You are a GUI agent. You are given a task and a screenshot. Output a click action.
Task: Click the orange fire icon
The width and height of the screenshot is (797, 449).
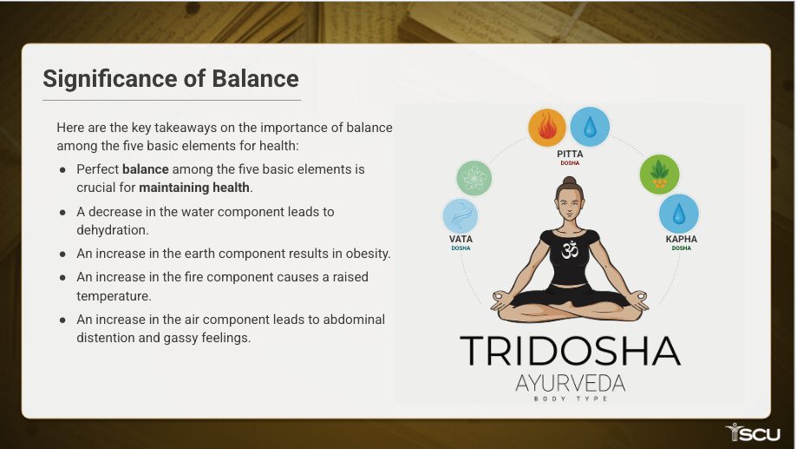[x=547, y=128]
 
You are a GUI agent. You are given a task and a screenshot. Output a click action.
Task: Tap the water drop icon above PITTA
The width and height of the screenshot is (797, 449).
[x=590, y=126]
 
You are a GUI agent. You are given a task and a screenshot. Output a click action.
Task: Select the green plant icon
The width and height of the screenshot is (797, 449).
[x=659, y=175]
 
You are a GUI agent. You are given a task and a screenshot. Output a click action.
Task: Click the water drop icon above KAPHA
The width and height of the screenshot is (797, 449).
[x=678, y=214]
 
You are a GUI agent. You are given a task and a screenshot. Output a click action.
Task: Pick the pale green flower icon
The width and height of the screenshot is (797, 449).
[x=474, y=178]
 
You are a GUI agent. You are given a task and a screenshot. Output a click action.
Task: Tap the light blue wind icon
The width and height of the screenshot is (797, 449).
[x=461, y=216]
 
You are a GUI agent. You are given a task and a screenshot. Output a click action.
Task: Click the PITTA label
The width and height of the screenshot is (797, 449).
[x=570, y=154]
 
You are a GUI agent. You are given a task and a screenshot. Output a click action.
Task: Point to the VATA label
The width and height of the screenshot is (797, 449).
[x=461, y=239]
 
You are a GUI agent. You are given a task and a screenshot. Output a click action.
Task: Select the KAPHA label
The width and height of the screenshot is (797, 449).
[x=681, y=239]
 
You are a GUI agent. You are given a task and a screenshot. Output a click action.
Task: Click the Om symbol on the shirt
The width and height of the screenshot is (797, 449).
[x=571, y=249]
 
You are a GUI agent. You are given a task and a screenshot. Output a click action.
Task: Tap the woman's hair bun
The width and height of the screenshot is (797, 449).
[x=570, y=182]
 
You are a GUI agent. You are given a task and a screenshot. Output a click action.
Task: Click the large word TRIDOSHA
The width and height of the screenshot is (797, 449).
[x=570, y=351]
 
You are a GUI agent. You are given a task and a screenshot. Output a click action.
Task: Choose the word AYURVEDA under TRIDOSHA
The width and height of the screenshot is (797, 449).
[x=570, y=383]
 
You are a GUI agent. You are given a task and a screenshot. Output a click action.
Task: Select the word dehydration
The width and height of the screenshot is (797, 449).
[x=113, y=230]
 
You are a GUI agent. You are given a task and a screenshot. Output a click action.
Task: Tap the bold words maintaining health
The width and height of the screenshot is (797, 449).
[x=195, y=188]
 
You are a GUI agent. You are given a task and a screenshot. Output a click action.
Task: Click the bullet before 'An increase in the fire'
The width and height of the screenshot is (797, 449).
[x=62, y=278]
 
